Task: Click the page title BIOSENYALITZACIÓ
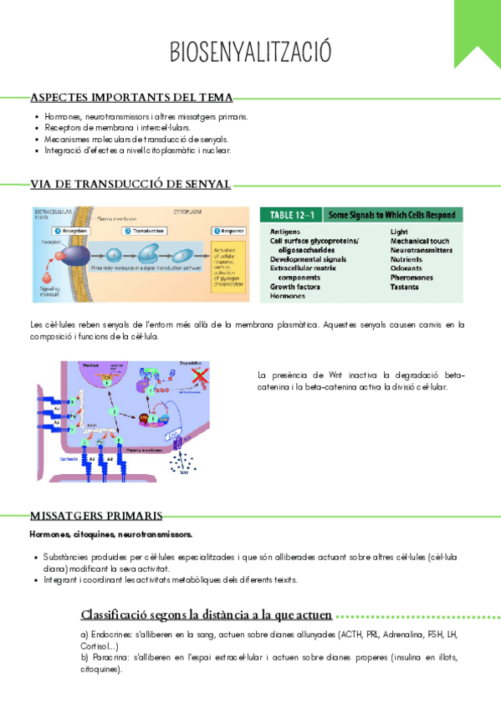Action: pyautogui.click(x=250, y=51)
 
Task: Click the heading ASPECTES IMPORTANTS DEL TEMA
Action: pyautogui.click(x=131, y=98)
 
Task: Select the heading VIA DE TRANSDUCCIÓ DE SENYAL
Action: pyautogui.click(x=130, y=184)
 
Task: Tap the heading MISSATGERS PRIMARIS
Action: pyautogui.click(x=96, y=515)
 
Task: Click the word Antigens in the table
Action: pyautogui.click(x=286, y=231)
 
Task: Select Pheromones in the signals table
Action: pyautogui.click(x=412, y=278)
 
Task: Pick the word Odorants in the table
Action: pyautogui.click(x=407, y=268)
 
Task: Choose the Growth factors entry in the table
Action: pyautogui.click(x=295, y=287)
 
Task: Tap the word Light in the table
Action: pyautogui.click(x=399, y=231)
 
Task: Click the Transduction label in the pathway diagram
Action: pyautogui.click(x=148, y=230)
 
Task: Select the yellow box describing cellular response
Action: pyautogui.click(x=227, y=267)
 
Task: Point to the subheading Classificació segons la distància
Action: pyautogui.click(x=206, y=615)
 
